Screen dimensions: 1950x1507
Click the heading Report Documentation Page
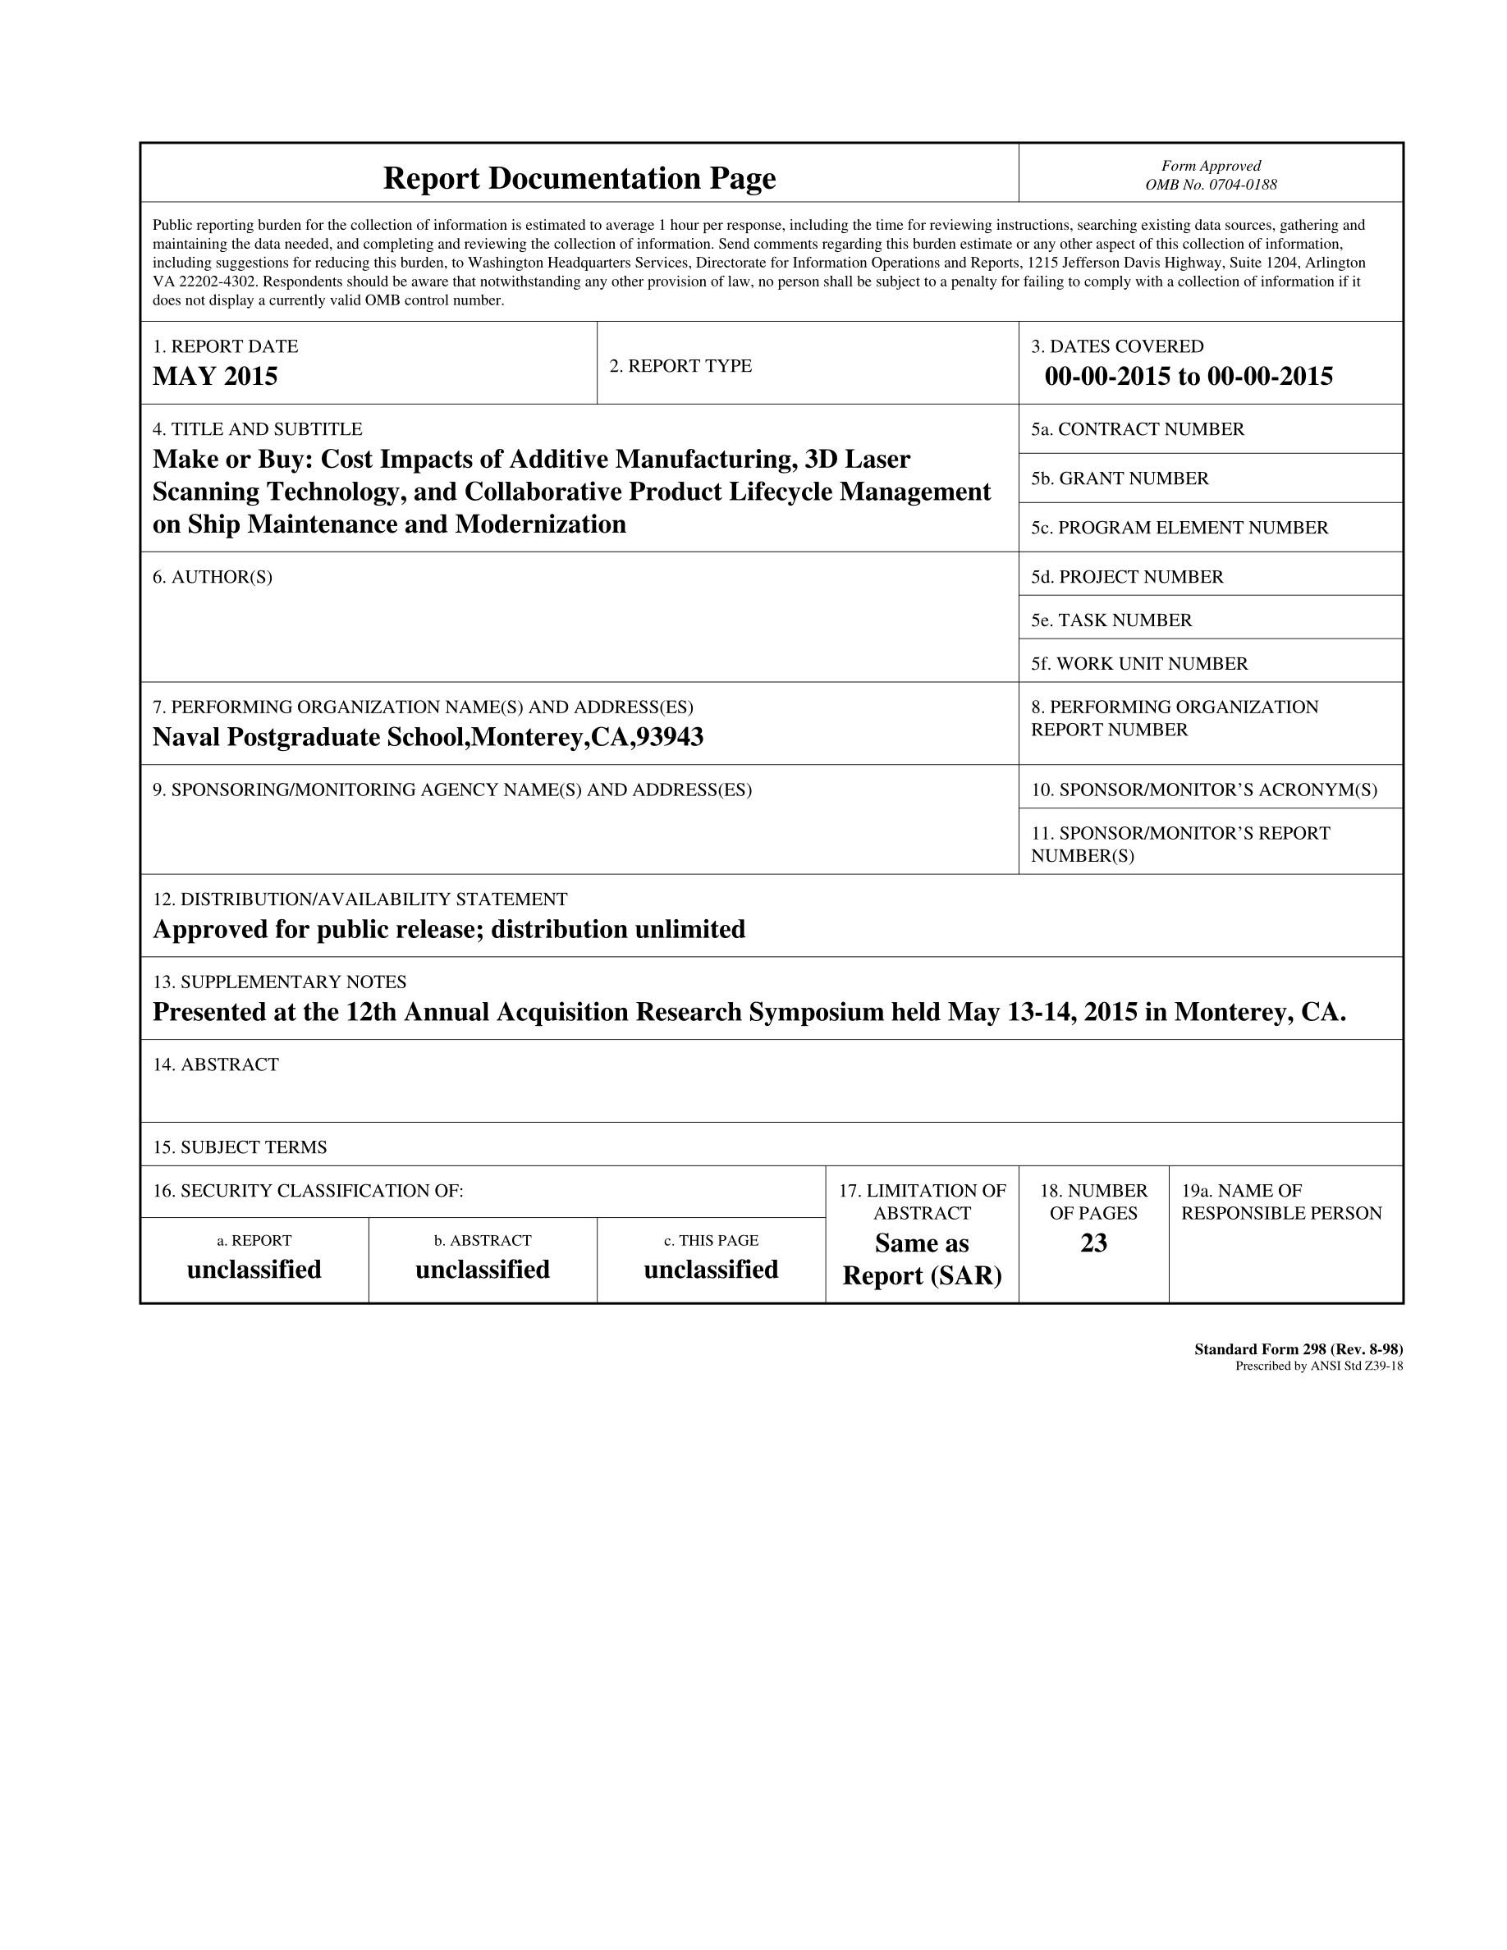tap(579, 179)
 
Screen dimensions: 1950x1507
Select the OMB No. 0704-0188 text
tap(1211, 185)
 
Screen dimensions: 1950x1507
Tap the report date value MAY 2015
tap(215, 376)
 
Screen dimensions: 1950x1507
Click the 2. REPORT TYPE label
tap(680, 366)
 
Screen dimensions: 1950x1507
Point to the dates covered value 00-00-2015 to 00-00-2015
tap(1189, 376)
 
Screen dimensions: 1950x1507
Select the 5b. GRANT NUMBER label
tap(1120, 478)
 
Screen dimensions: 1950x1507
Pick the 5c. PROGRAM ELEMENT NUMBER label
tap(1179, 528)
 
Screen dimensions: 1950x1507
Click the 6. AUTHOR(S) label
tap(213, 577)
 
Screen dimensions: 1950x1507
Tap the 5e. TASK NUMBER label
tap(1111, 620)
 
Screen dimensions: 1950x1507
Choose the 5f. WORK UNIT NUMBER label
tap(1139, 663)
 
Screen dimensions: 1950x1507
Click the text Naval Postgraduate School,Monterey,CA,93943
tap(428, 737)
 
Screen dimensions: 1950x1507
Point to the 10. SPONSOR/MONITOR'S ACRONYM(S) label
tap(1203, 790)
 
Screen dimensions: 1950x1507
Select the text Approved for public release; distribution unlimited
tap(449, 930)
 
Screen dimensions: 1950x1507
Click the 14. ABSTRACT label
tap(216, 1064)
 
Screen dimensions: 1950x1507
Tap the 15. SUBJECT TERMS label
tap(240, 1147)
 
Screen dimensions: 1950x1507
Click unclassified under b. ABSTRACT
tap(482, 1270)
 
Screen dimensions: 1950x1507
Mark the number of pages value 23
tap(1093, 1243)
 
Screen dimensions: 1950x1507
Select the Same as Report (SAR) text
tap(921, 1259)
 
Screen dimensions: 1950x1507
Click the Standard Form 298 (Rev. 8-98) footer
tap(1298, 1349)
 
